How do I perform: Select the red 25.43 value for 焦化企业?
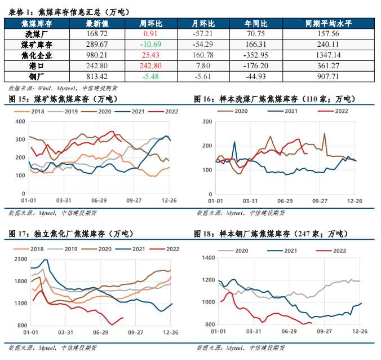coord(151,55)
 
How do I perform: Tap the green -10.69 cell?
coord(151,44)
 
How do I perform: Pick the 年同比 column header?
coord(256,23)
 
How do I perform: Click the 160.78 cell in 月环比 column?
coord(203,55)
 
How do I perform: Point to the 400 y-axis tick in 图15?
coord(21,121)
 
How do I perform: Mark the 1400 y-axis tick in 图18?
coord(208,258)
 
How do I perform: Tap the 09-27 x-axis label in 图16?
coord(320,201)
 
